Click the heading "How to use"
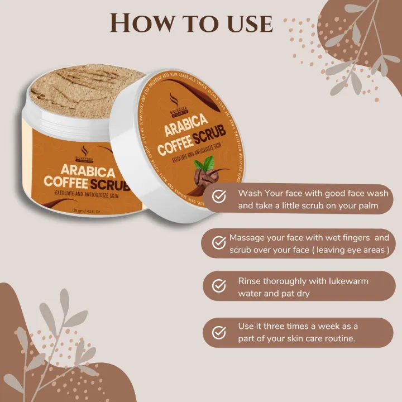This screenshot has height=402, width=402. tap(191, 23)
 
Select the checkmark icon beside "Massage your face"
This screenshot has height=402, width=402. tap(219, 242)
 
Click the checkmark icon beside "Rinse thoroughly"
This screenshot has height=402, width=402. tap(219, 286)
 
